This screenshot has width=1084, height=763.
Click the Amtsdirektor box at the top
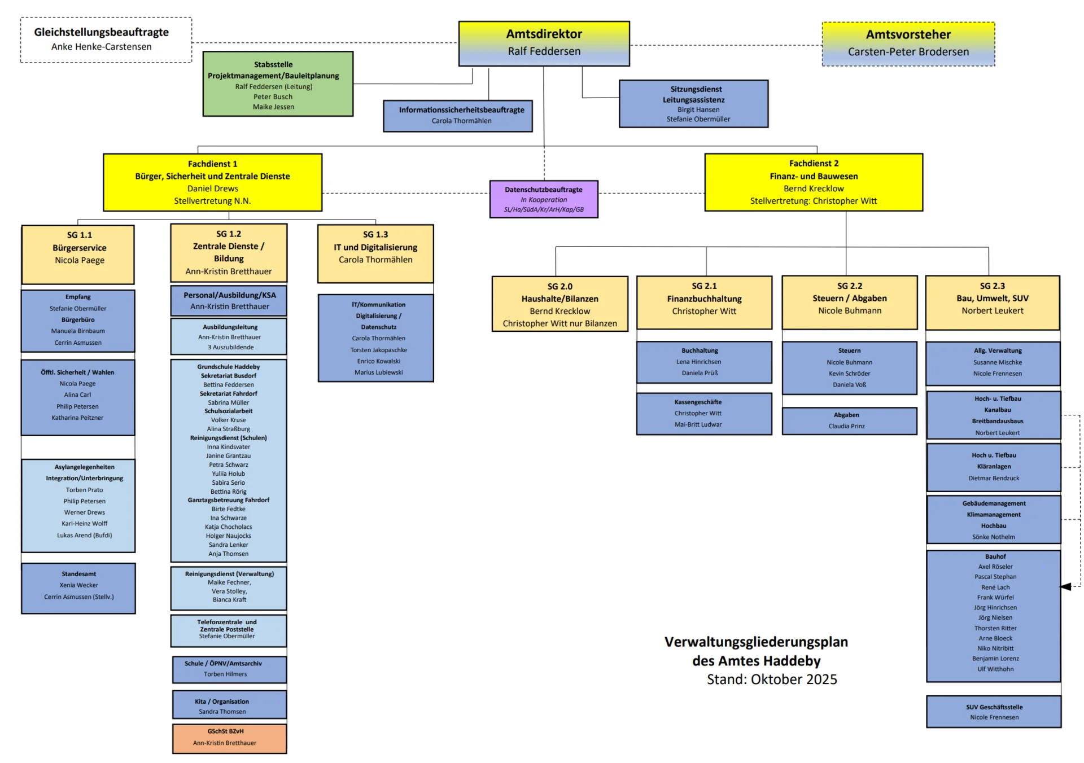tap(544, 43)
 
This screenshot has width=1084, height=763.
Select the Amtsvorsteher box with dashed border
tap(908, 44)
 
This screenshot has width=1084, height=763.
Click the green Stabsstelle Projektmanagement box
tap(278, 84)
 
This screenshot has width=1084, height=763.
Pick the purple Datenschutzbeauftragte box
tap(543, 199)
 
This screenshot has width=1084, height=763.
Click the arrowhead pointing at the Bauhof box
tap(1066, 587)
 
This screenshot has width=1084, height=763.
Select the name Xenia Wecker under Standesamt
tap(79, 585)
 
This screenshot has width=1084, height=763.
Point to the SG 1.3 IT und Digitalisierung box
tap(375, 253)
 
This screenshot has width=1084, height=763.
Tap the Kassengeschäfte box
tap(703, 414)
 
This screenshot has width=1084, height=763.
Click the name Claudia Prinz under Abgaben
tap(846, 426)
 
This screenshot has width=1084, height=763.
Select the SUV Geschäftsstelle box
tap(994, 712)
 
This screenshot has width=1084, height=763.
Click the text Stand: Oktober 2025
tap(772, 679)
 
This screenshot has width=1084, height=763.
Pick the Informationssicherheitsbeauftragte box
tap(457, 116)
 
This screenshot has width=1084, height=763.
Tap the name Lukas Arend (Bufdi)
tap(85, 535)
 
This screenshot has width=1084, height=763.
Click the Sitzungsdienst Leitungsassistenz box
tap(693, 104)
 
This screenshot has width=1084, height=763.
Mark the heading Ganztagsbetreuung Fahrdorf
tap(229, 500)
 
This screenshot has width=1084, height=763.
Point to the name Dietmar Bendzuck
tap(994, 478)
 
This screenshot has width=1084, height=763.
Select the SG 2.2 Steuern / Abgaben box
tap(849, 302)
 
